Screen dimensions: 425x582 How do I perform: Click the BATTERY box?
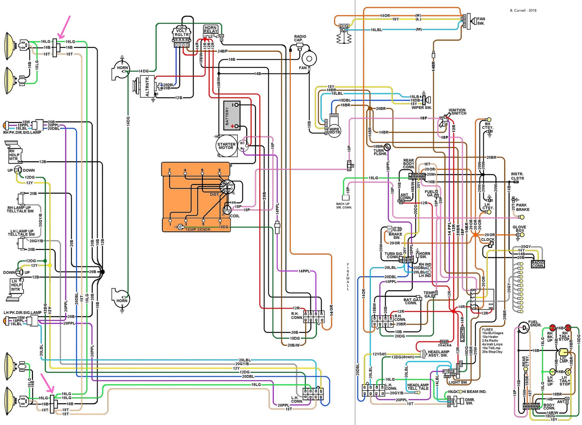pyautogui.click(x=232, y=116)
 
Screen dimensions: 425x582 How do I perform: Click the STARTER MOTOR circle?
pyautogui.click(x=226, y=146)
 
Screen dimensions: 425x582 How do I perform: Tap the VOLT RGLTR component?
pyautogui.click(x=182, y=33)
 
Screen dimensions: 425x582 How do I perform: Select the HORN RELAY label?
pyautogui.click(x=210, y=29)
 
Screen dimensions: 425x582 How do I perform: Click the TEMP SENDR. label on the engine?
pyautogui.click(x=198, y=229)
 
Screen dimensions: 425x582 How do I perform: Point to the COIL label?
pyautogui.click(x=235, y=216)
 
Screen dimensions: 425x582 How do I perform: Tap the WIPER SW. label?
pyautogui.click(x=421, y=108)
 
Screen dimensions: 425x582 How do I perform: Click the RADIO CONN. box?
pyautogui.click(x=538, y=264)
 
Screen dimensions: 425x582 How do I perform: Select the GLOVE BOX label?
pyautogui.click(x=519, y=229)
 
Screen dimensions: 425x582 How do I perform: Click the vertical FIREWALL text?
pyautogui.click(x=348, y=277)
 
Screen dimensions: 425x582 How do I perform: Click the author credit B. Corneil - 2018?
pyautogui.click(x=523, y=10)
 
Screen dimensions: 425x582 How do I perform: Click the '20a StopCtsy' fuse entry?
pyautogui.click(x=492, y=352)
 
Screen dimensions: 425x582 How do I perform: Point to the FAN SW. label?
pyautogui.click(x=481, y=21)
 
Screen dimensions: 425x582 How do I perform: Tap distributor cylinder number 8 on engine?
pyautogui.click(x=219, y=170)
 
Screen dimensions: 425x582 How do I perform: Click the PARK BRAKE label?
pyautogui.click(x=523, y=207)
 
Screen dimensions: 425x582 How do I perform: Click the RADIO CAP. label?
pyautogui.click(x=300, y=38)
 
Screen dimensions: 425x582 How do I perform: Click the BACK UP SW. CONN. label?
pyautogui.click(x=344, y=206)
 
